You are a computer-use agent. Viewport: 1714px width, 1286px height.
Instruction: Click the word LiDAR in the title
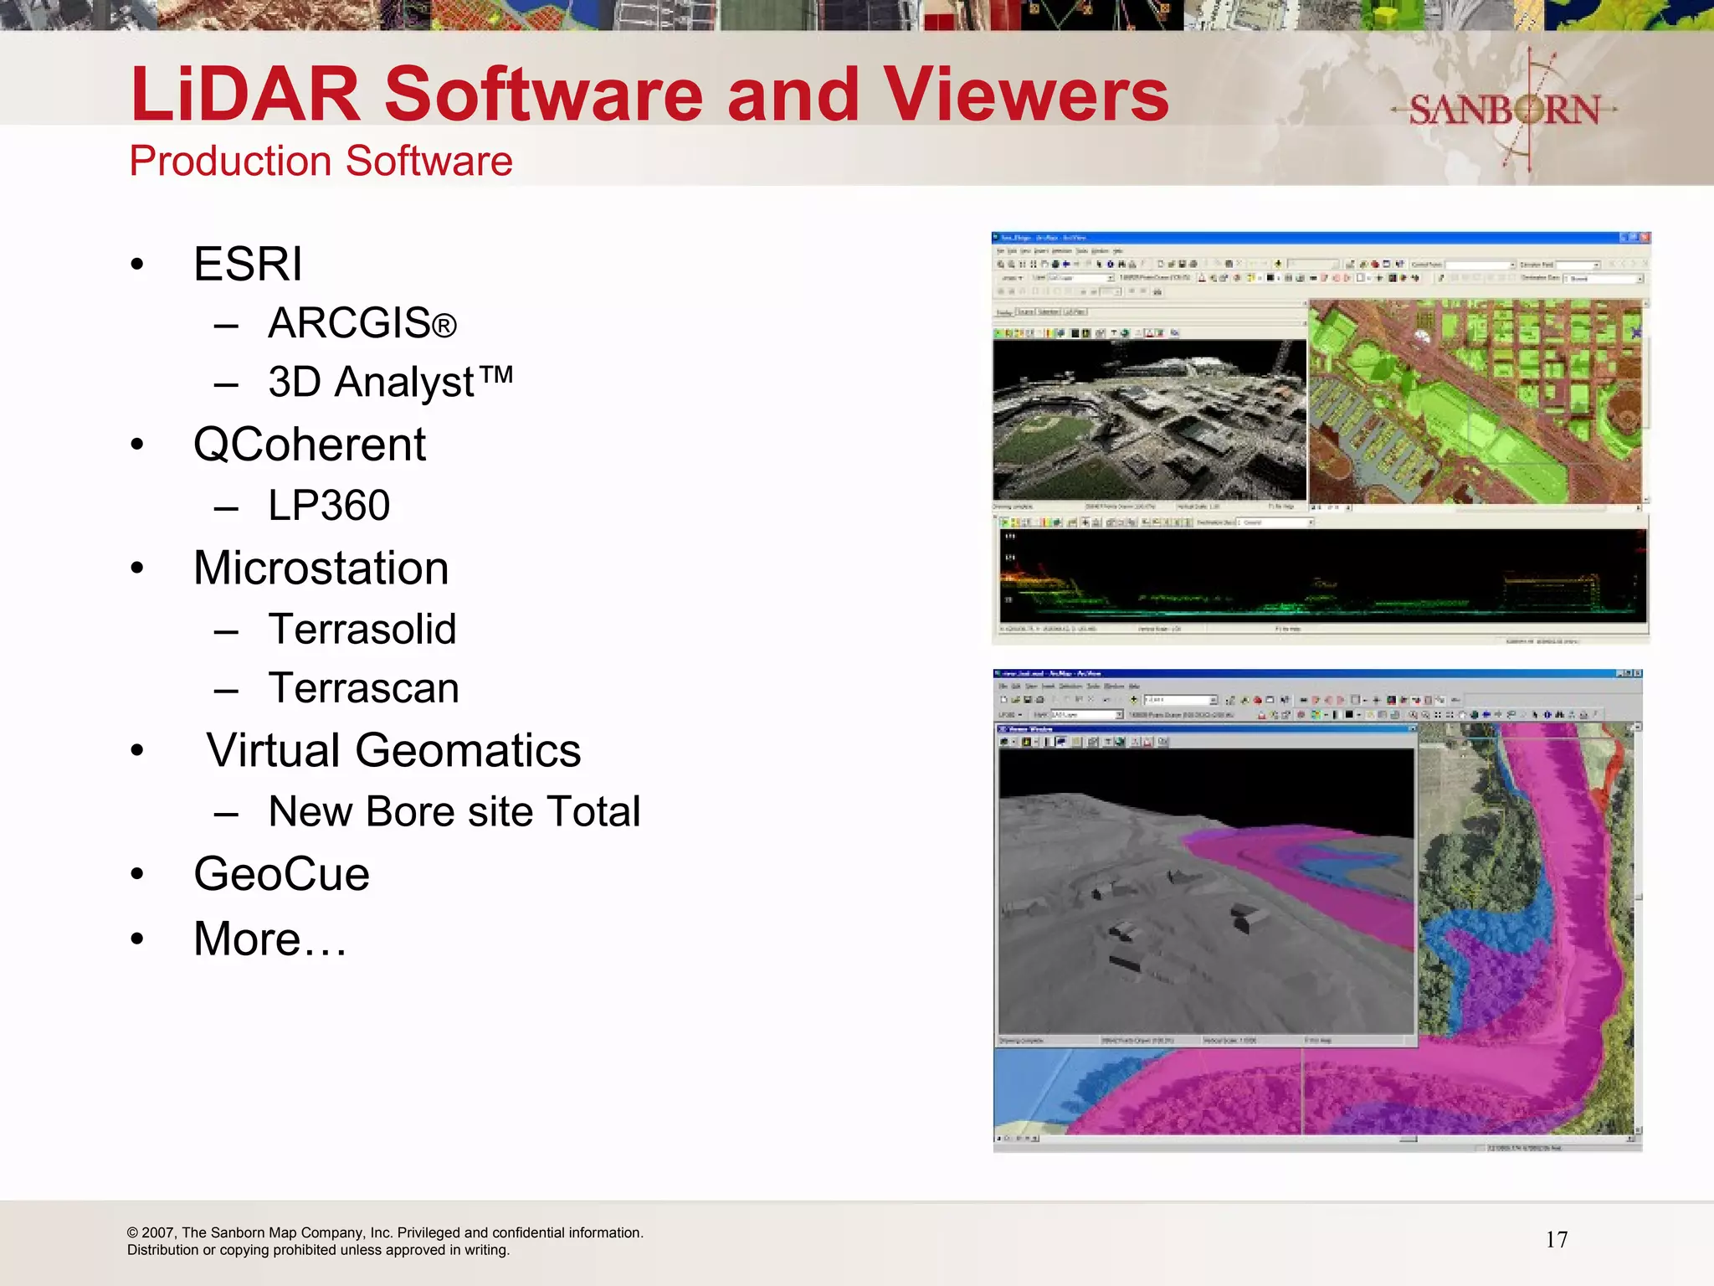244,94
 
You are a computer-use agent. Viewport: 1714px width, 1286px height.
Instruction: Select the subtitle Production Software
321,161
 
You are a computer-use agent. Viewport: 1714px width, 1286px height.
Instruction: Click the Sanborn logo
1504,110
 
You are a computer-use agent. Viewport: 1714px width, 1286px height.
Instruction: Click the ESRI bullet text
248,265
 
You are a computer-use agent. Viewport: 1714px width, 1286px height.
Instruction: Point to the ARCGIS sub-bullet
362,323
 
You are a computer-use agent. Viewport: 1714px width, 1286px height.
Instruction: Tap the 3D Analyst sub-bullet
390,382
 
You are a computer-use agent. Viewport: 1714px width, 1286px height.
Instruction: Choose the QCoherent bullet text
310,444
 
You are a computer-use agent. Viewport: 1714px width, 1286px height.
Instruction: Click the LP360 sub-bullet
329,506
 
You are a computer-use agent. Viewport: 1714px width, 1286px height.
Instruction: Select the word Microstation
321,568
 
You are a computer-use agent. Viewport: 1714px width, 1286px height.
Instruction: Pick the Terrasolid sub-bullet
362,629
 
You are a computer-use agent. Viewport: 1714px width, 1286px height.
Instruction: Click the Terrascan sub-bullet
363,688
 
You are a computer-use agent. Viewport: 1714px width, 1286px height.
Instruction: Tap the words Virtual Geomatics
393,750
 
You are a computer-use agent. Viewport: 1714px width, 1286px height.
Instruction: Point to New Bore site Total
454,811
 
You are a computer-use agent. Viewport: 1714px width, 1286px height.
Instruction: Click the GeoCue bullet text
281,874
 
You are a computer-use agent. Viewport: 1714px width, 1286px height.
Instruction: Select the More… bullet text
269,939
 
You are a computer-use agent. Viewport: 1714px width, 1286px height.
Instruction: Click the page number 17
1557,1240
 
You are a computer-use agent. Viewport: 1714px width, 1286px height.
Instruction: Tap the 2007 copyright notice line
385,1232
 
